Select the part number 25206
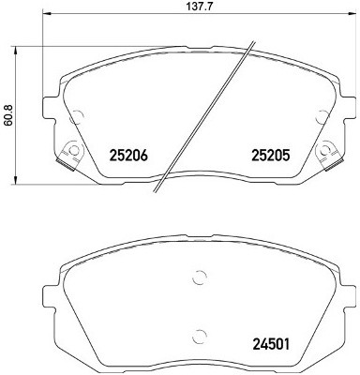tap(130, 155)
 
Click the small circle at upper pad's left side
tap(78, 117)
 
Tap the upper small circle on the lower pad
tap(198, 277)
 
